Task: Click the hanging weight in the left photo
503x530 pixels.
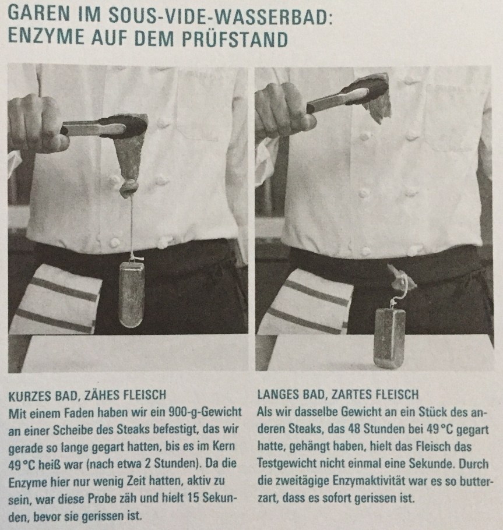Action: pyautogui.click(x=131, y=294)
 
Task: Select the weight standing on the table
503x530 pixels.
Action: pyautogui.click(x=389, y=338)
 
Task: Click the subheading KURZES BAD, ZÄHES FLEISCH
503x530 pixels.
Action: pyautogui.click(x=87, y=395)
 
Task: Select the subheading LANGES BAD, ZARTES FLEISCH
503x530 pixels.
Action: pyautogui.click(x=338, y=394)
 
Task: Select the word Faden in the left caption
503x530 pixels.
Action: pyautogui.click(x=77, y=413)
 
